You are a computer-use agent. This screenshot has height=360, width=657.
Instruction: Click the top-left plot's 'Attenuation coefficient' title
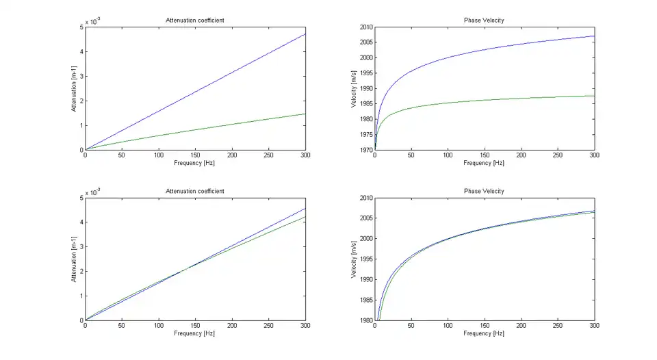pos(195,20)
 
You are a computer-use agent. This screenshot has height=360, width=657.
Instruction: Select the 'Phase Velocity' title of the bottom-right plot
pos(484,191)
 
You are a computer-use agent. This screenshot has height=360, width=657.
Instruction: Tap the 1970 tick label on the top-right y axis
pos(363,150)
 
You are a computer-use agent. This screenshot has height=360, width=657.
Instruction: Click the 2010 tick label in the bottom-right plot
pos(363,198)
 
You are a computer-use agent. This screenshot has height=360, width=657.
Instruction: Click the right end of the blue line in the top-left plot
pos(305,34)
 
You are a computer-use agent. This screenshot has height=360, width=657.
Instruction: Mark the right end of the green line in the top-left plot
pos(305,114)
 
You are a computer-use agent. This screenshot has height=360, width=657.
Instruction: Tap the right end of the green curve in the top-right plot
pos(594,96)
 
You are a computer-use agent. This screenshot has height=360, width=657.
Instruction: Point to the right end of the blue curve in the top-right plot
pos(594,36)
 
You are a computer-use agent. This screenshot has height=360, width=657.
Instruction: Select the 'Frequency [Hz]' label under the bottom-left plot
pos(195,333)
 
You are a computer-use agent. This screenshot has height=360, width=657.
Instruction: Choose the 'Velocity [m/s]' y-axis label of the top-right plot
pos(354,88)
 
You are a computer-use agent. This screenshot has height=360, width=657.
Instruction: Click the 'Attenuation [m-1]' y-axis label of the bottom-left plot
pos(73,259)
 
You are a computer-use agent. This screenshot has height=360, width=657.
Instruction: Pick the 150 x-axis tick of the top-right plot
pos(484,155)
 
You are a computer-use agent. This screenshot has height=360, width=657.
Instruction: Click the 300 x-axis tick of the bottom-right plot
pos(594,326)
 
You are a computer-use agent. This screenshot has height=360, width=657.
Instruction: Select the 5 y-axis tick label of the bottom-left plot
pos(81,198)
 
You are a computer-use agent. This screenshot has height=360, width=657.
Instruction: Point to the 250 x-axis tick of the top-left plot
pos(268,155)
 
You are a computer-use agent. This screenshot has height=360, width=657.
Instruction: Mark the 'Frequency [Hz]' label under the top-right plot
pos(484,163)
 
